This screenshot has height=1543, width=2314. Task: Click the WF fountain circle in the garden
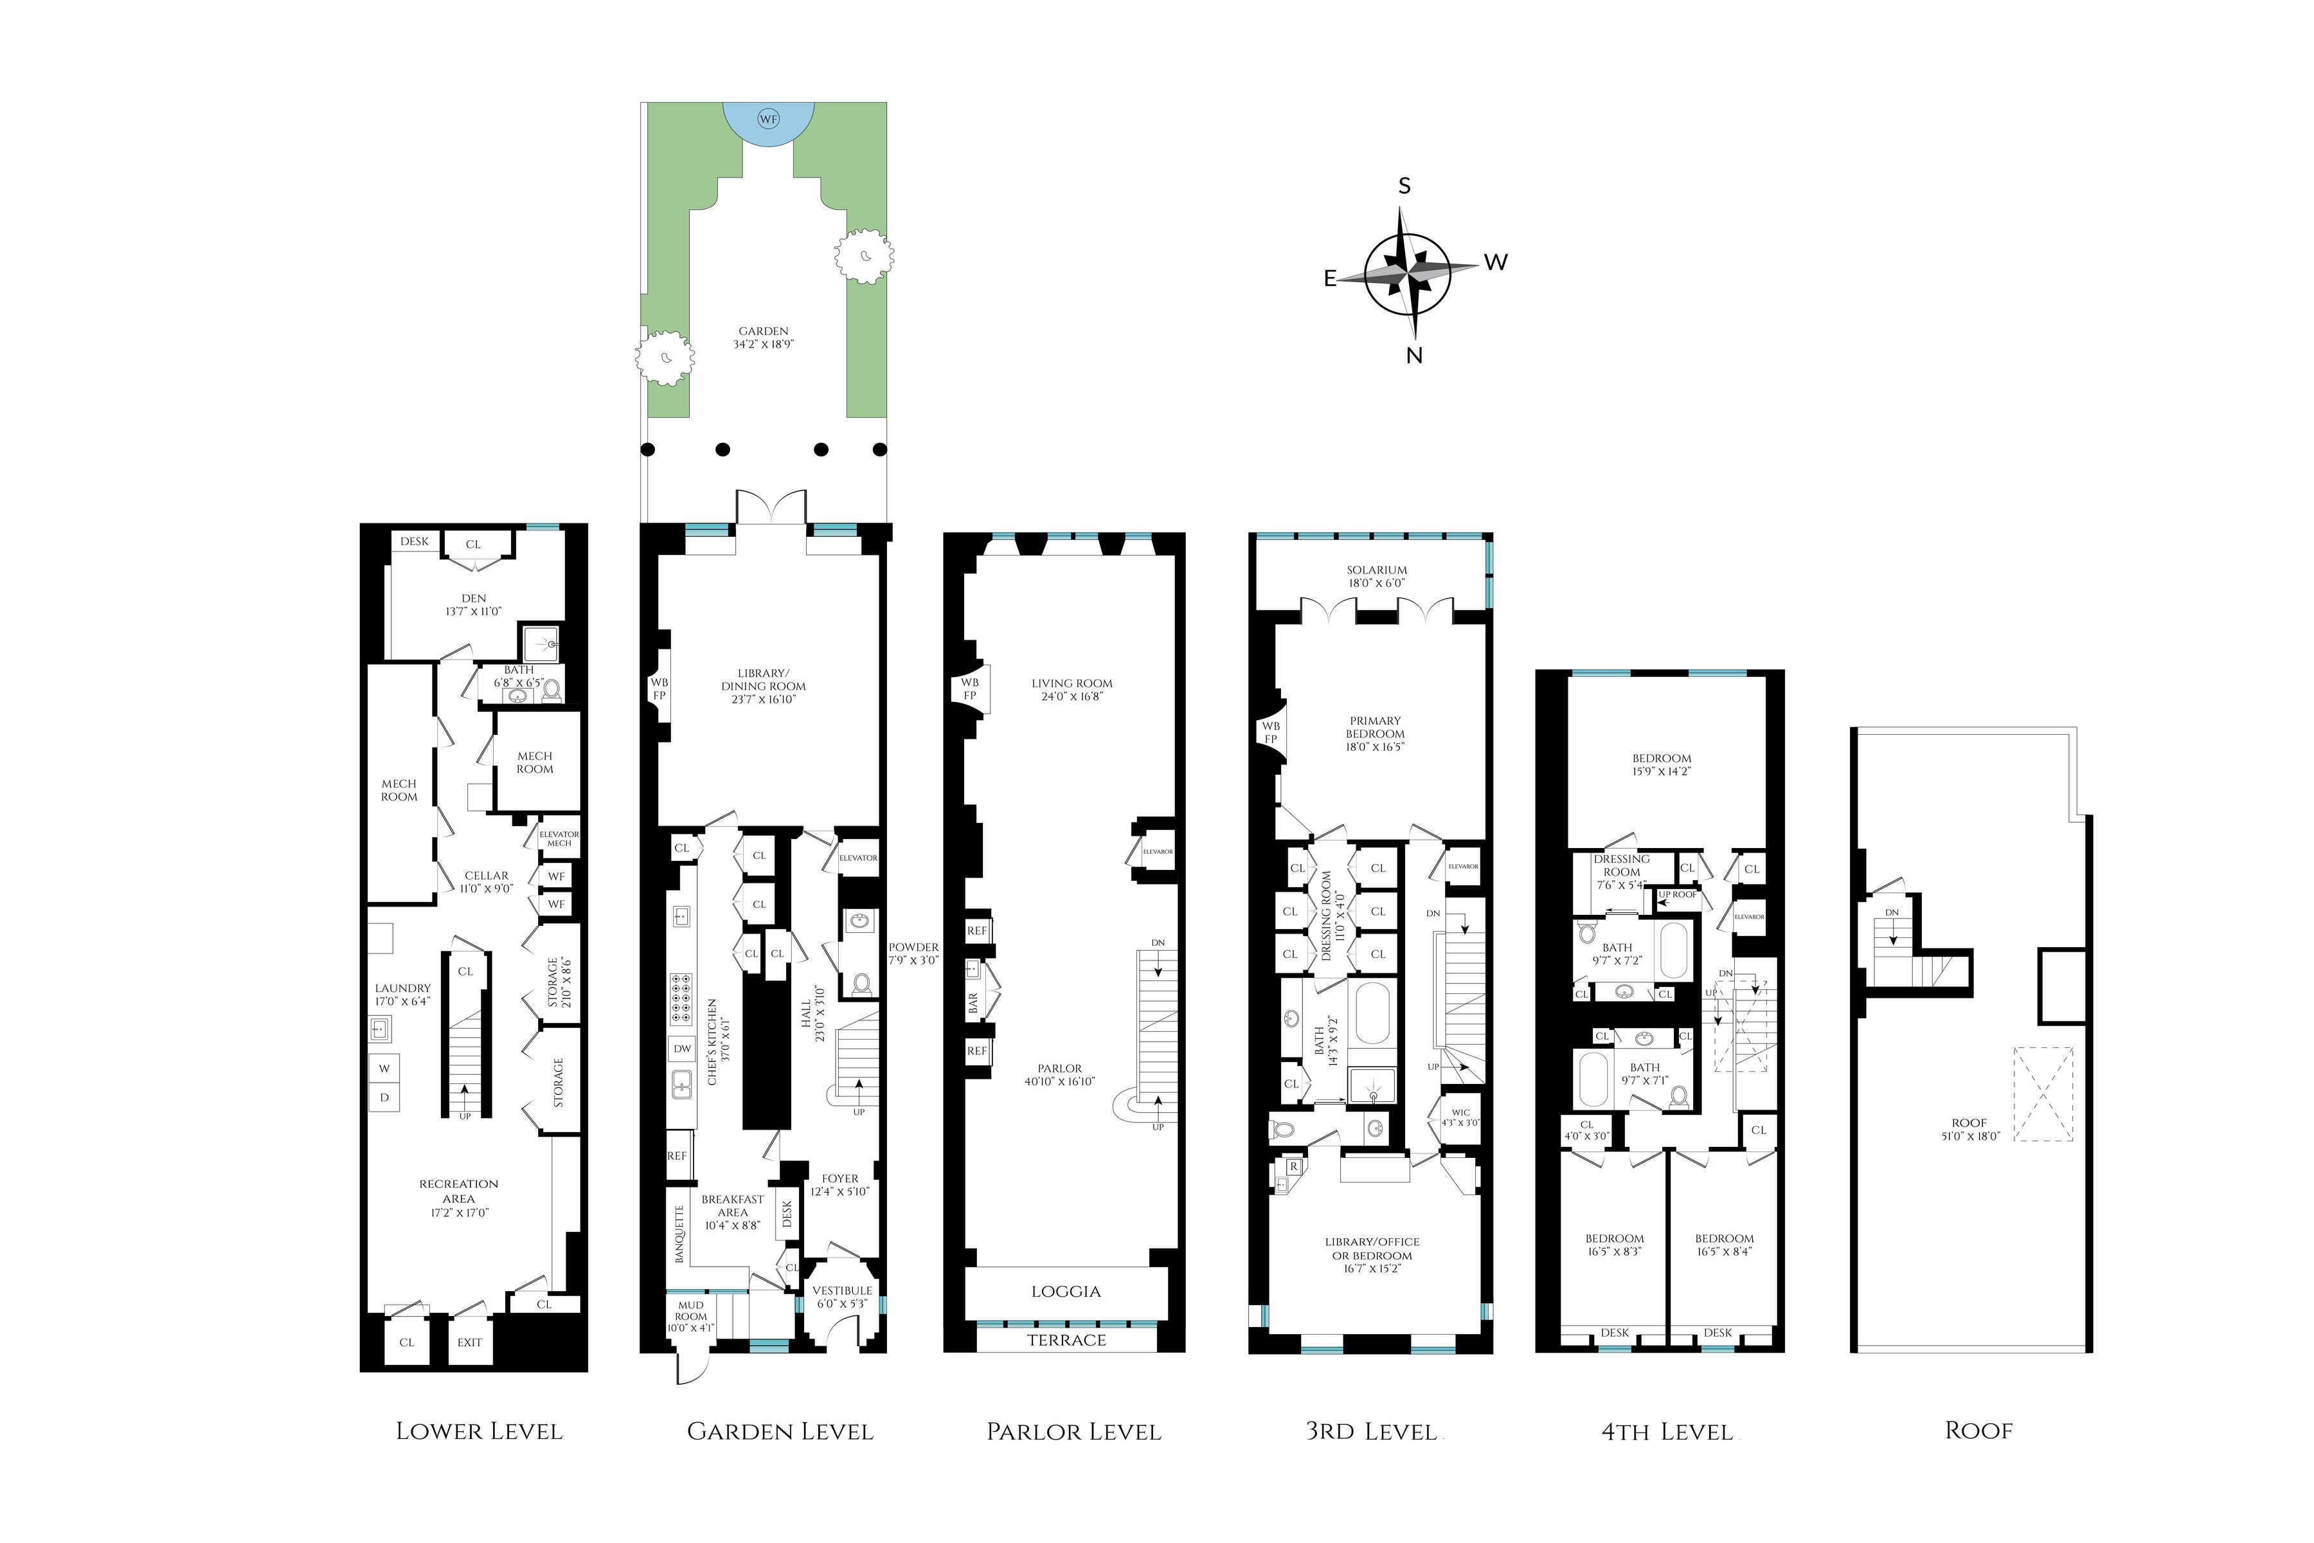767,119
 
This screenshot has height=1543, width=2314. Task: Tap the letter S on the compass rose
1404,186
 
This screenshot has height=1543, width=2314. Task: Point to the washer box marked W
384,1069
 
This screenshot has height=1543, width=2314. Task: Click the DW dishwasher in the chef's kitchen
682,1049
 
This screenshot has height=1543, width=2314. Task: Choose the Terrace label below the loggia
1066,1340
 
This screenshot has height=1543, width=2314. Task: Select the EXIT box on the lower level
469,1342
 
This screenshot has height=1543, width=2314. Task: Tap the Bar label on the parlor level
974,1003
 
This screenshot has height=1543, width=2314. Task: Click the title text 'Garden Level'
779,1432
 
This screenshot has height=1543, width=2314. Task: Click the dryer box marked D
384,1097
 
